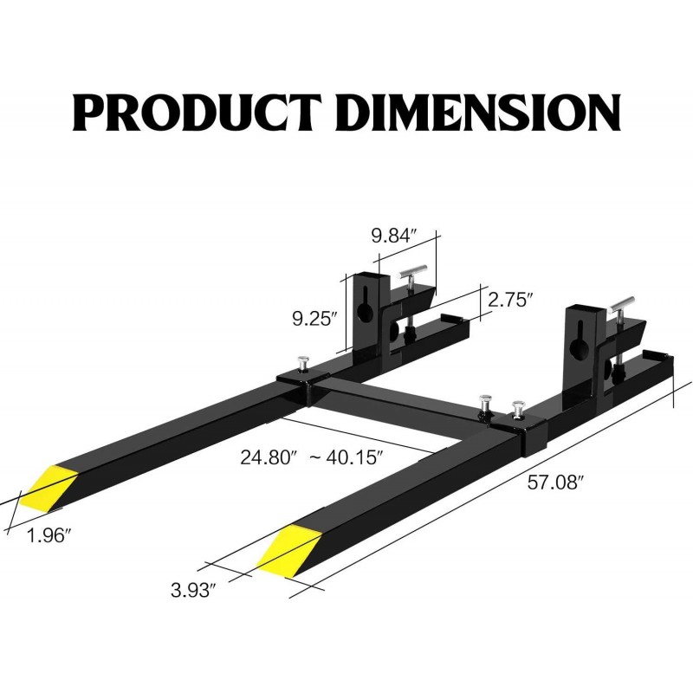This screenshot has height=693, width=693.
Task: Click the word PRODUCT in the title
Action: [198, 113]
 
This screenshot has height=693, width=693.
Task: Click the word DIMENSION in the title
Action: [479, 113]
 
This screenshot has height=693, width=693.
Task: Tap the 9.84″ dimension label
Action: [394, 236]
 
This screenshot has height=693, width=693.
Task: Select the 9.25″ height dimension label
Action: [315, 318]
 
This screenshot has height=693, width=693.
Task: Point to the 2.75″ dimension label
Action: [508, 300]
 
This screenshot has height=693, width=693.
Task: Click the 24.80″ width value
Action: [268, 457]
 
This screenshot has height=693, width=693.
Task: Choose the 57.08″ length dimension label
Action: [553, 483]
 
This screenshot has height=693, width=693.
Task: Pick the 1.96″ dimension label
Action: [49, 535]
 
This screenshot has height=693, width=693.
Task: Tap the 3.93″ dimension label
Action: [193, 590]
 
